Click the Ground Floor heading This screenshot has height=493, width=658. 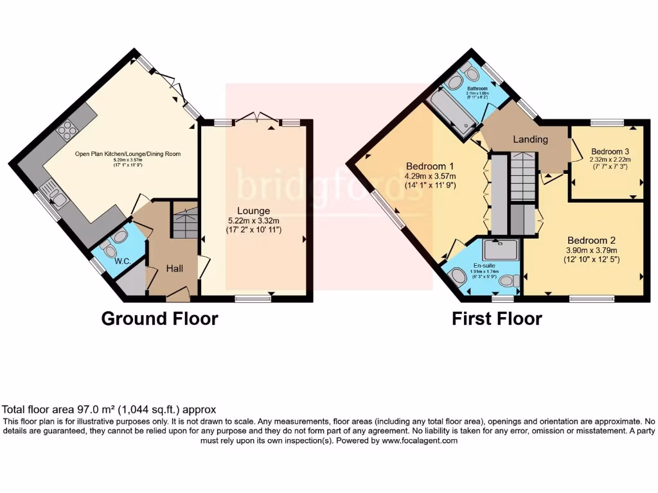click(x=159, y=318)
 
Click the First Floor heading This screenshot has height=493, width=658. click(x=497, y=318)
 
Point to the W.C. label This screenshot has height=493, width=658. click(x=105, y=261)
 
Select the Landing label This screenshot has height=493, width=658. click(x=530, y=139)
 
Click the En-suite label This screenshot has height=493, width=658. click(x=486, y=264)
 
